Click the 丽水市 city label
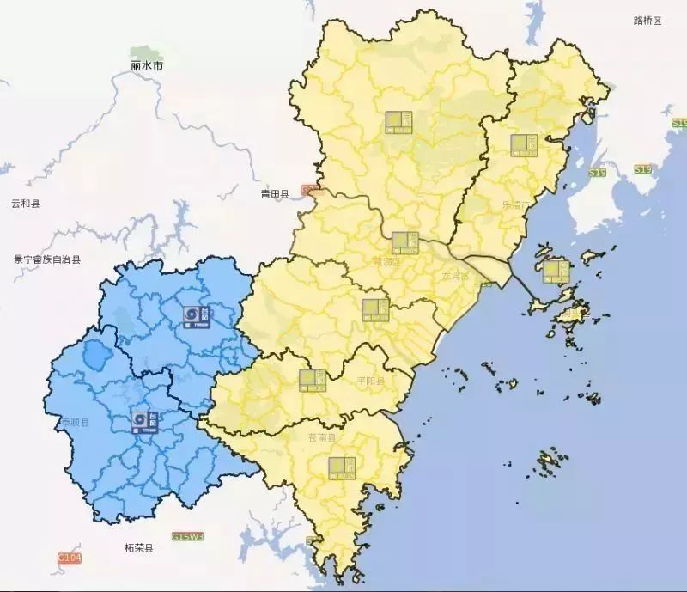(147, 65)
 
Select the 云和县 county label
(26, 204)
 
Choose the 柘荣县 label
(137, 547)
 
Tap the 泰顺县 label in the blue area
(73, 423)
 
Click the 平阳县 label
(370, 380)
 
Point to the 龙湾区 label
(456, 276)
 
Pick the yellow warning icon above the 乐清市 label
(522, 145)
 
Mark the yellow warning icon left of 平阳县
(312, 380)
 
